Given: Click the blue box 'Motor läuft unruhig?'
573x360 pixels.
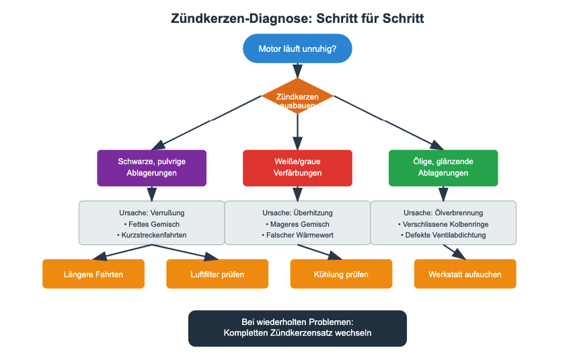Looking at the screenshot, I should pos(297,48).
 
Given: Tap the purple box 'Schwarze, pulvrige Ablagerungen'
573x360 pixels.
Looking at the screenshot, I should pos(151,168).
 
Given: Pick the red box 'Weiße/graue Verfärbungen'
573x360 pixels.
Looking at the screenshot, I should pos(297,168).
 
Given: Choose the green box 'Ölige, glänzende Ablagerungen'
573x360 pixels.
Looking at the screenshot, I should pos(443,168).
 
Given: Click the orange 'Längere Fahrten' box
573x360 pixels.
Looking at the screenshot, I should pos(93,274).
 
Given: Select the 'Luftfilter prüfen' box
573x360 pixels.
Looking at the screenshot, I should pos(217,274).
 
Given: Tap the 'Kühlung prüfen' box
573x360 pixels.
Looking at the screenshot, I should pos(341,274).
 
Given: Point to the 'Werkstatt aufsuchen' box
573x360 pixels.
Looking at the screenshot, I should pos(465,274).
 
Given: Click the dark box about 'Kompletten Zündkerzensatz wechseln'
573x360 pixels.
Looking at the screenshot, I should pos(297,328).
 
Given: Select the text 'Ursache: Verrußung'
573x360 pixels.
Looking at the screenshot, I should pos(151,213).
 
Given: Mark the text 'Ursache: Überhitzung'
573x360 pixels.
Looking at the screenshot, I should pos(297,213).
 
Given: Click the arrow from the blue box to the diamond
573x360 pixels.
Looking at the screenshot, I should pos(297,71).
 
